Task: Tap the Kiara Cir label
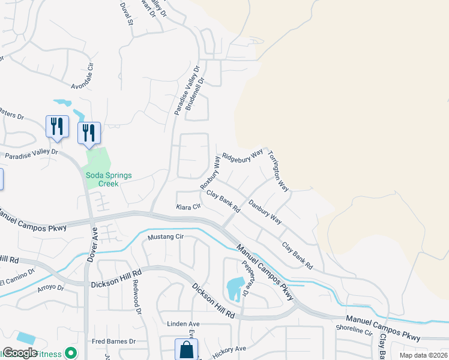click(x=188, y=207)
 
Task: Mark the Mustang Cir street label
click(x=165, y=236)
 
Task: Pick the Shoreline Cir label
click(x=354, y=330)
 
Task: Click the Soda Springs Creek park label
click(x=109, y=179)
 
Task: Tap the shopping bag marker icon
click(x=186, y=349)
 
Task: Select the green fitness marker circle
click(x=71, y=353)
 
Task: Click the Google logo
click(x=20, y=353)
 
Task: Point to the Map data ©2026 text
click(x=423, y=355)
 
